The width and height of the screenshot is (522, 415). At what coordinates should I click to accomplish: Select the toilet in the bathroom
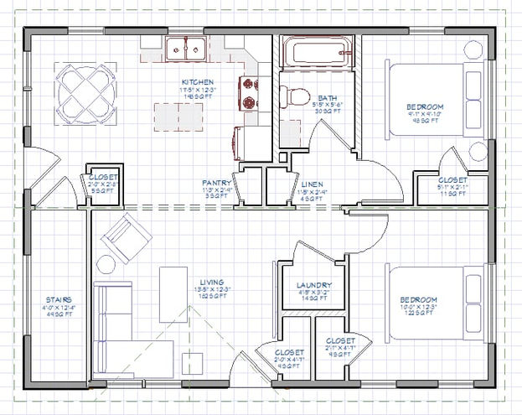click(x=291, y=95)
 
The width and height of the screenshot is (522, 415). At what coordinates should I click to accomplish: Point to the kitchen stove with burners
click(x=250, y=93)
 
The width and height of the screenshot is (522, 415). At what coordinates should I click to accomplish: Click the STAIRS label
click(x=59, y=299)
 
